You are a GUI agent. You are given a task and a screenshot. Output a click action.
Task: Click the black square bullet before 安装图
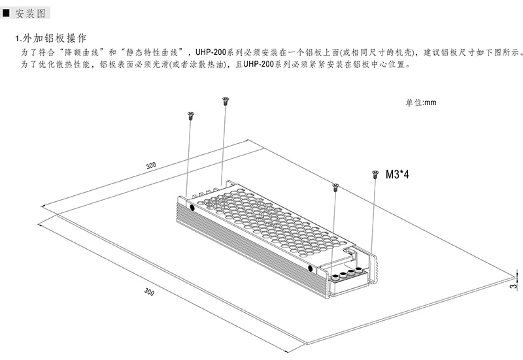click(x=6, y=13)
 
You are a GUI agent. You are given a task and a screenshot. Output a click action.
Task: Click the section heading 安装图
click(x=30, y=13)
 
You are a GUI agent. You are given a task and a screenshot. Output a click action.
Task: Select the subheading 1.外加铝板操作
click(x=51, y=38)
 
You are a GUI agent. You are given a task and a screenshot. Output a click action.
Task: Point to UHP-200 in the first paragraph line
click(x=211, y=52)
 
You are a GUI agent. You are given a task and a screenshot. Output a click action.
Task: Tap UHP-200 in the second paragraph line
click(x=258, y=64)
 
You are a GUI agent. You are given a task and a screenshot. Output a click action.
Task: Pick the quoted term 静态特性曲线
click(x=152, y=52)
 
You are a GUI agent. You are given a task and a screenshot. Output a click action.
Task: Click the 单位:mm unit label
click(x=420, y=103)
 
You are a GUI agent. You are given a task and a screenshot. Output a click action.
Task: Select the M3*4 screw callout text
click(x=397, y=174)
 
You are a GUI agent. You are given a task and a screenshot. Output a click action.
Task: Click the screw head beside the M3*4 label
click(x=375, y=174)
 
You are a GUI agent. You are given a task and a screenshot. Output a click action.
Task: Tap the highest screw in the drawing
click(x=226, y=101)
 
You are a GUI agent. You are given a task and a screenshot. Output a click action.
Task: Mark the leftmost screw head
click(x=191, y=116)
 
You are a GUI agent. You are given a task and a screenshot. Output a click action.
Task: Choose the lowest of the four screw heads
click(x=335, y=187)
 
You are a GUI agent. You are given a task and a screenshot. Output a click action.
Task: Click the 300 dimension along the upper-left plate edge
click(x=151, y=165)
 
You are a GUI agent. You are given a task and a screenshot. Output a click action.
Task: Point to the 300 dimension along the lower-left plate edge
click(x=149, y=291)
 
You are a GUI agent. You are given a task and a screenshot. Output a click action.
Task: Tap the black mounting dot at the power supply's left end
click(x=192, y=207)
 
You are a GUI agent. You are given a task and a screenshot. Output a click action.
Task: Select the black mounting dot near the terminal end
click(x=310, y=268)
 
